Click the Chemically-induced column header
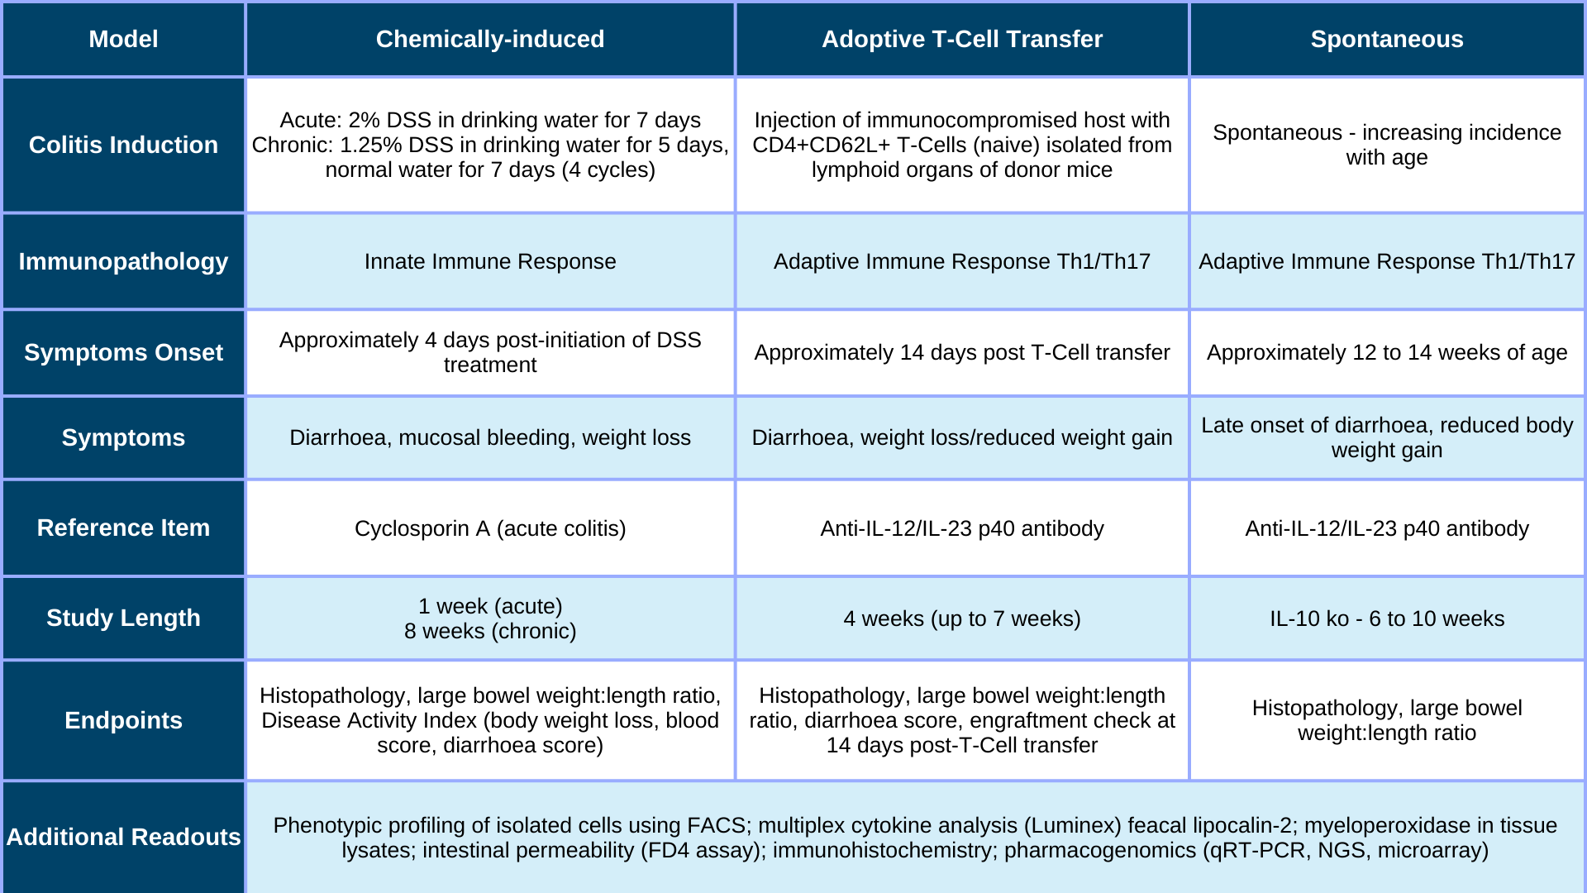click(490, 39)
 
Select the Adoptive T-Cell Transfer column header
click(962, 39)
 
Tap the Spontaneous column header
click(1387, 39)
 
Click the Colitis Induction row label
click(123, 145)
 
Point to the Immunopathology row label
click(123, 261)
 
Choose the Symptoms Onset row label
click(123, 352)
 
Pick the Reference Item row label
click(123, 528)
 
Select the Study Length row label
click(123, 618)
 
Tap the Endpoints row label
click(123, 720)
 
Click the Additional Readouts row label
click(123, 837)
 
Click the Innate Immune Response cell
click(490, 261)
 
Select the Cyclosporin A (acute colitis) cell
click(490, 528)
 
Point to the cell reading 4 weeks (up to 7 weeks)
click(962, 618)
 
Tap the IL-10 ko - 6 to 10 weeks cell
click(1387, 618)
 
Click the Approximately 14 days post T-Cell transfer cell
click(962, 352)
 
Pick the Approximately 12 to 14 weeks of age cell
click(1387, 352)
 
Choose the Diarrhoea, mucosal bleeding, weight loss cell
click(490, 437)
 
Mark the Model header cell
click(123, 39)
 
